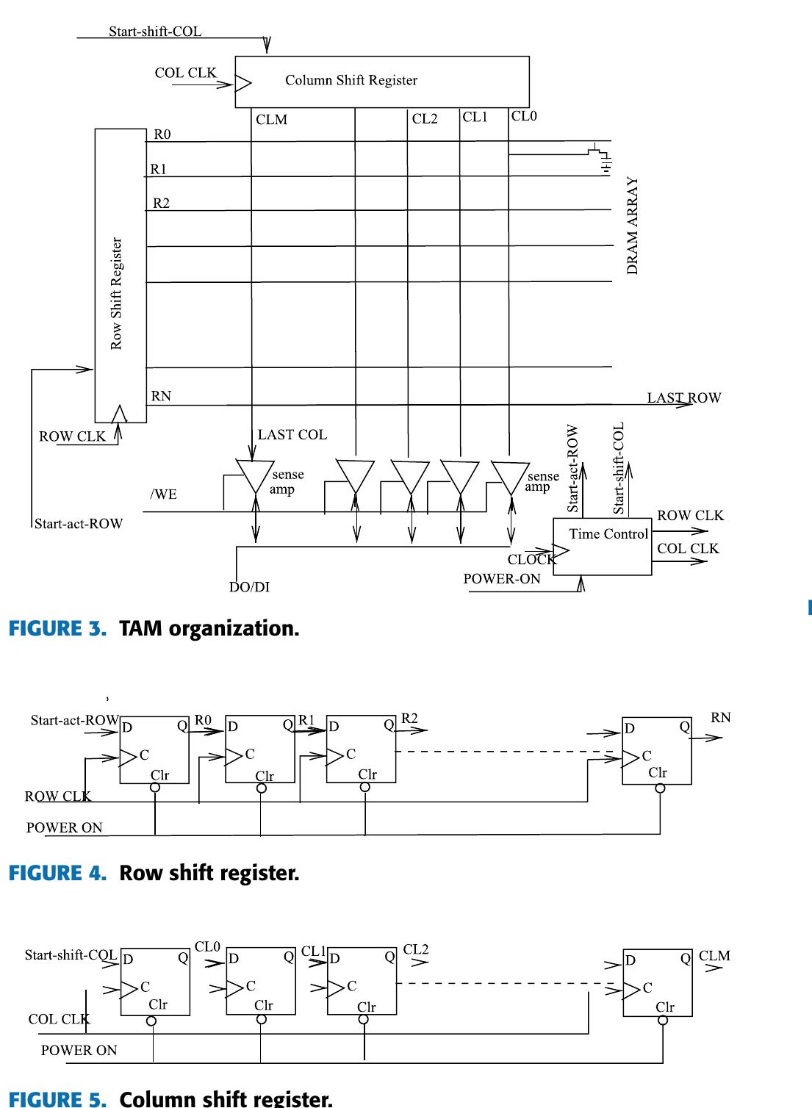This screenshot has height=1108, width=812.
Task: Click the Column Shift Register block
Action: [x=382, y=81]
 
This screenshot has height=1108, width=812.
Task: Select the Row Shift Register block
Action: [x=121, y=276]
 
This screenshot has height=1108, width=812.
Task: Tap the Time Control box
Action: [x=602, y=546]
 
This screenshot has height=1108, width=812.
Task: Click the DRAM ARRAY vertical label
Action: [x=633, y=226]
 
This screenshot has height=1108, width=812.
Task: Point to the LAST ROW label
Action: [x=683, y=398]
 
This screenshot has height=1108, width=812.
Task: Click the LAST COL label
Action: [x=292, y=435]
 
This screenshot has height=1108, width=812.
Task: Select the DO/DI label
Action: [x=249, y=587]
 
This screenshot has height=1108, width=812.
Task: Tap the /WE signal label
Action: [x=164, y=494]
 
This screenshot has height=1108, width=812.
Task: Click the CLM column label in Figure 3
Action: [x=271, y=120]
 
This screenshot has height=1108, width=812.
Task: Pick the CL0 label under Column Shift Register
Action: [x=524, y=116]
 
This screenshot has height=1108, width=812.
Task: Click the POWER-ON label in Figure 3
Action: [x=501, y=579]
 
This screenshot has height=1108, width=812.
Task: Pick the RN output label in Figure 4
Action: [x=721, y=718]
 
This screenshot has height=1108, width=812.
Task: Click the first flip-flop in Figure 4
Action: [x=154, y=749]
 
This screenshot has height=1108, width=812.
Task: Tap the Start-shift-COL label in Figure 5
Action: [x=70, y=955]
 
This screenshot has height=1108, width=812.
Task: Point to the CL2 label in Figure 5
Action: [x=416, y=950]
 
